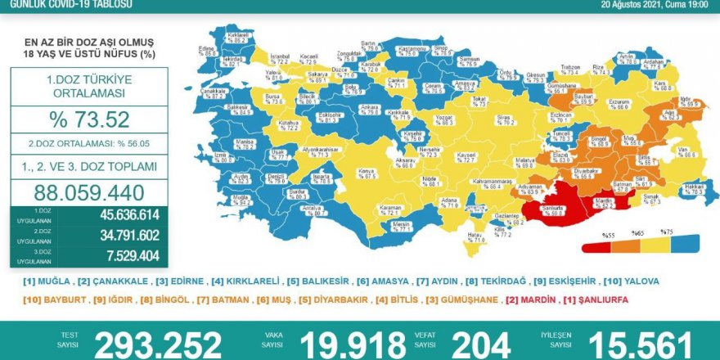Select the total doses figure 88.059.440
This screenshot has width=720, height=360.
coord(89,193)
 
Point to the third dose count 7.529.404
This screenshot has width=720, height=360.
coord(130,255)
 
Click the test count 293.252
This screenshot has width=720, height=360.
coord(158,344)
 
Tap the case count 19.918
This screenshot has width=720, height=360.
coord(353,344)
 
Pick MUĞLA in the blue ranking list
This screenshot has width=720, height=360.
coord(55,281)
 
